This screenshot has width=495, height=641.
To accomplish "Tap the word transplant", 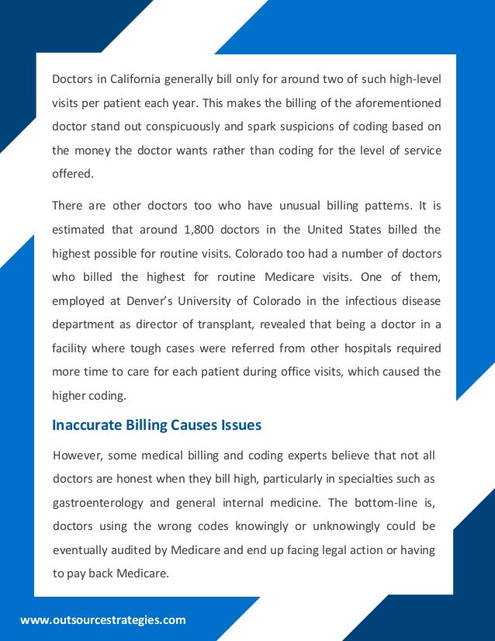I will point(251,324).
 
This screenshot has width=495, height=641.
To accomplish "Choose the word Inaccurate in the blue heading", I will point(88,424).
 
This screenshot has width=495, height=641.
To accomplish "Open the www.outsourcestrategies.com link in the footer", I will point(103,620).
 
